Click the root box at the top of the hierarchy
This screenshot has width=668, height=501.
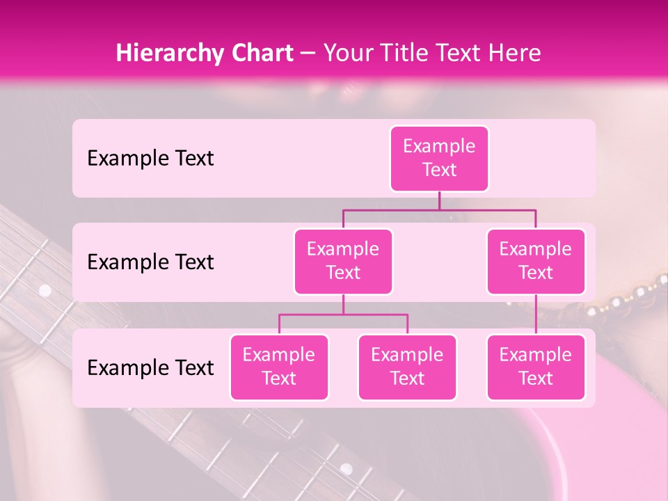click(439, 158)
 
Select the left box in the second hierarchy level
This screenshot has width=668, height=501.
click(343, 261)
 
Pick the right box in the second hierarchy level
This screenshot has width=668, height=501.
click(536, 261)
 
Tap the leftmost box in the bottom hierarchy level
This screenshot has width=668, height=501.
click(279, 367)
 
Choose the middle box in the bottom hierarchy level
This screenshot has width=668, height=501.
click(407, 367)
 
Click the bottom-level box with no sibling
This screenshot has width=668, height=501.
click(536, 367)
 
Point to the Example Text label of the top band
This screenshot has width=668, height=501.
click(150, 159)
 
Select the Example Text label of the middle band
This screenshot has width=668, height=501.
click(150, 262)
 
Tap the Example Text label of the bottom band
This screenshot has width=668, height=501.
click(150, 368)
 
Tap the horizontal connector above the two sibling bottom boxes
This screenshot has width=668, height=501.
click(343, 315)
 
